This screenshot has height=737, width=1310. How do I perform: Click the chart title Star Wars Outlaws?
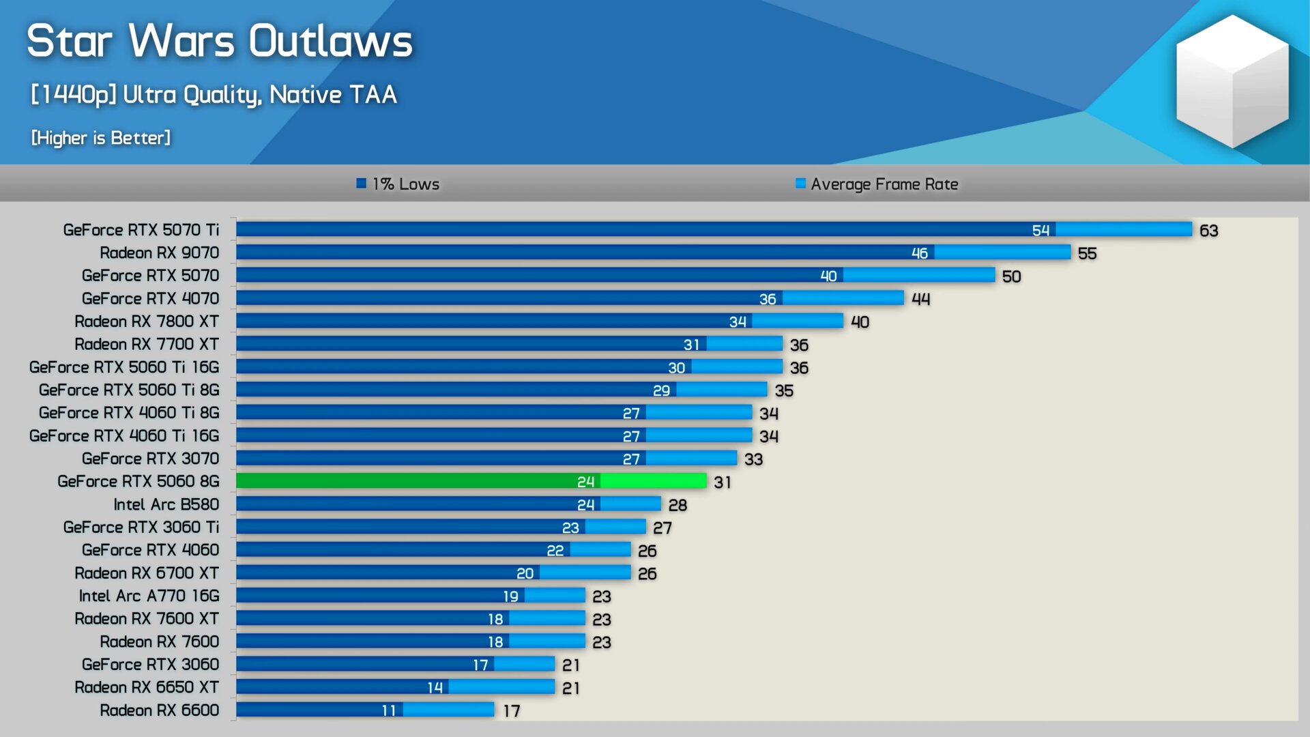219,41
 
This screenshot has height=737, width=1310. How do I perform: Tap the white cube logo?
1232,82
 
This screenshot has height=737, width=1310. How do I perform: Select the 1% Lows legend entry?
398,184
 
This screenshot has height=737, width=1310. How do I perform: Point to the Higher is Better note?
101,138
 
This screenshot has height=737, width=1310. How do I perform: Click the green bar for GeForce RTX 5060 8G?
471,481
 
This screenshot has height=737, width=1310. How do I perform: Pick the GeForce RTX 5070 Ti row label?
141,230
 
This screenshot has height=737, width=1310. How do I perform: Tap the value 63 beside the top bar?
1208,231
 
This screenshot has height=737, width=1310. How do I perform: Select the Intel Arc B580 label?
166,504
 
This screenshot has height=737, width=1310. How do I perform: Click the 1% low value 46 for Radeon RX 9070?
919,253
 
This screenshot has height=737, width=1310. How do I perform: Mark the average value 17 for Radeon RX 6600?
512,711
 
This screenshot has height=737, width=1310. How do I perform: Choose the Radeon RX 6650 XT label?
147,687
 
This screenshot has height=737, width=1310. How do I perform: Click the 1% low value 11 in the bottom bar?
389,710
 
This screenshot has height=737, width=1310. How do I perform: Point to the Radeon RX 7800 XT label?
147,321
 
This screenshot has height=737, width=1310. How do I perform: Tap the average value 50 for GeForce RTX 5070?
1011,276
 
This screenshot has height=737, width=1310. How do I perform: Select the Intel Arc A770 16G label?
149,596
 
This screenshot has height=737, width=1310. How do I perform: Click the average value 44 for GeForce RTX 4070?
920,299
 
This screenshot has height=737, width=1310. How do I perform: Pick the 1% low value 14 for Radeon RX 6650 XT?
435,688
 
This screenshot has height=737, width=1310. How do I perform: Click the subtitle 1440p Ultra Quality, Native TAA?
214,95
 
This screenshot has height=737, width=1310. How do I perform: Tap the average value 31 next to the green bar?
723,482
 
